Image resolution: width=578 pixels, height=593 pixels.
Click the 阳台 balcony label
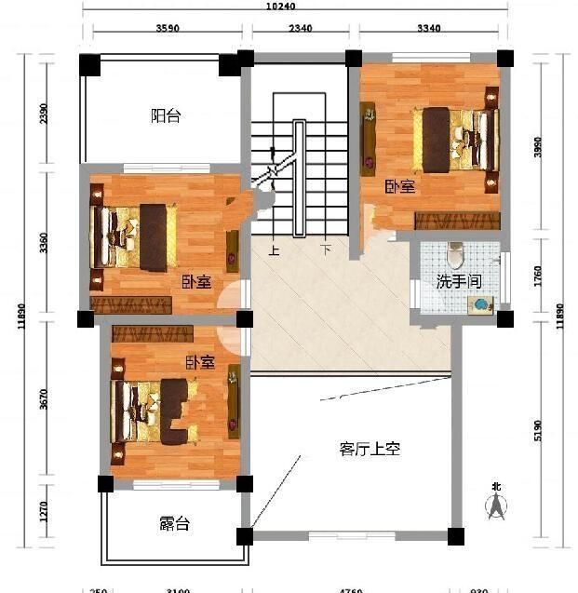tap(166, 116)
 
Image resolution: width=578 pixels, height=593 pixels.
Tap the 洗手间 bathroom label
tap(459, 280)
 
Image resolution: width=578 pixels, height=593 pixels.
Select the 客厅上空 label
tap(370, 449)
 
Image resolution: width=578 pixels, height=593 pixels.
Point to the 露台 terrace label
tap(174, 524)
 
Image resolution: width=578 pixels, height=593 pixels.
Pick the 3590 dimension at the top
tap(168, 29)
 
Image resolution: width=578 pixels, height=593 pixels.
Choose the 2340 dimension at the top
tap(300, 29)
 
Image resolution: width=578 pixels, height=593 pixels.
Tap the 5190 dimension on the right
tap(536, 429)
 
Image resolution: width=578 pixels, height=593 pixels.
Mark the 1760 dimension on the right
tap(536, 276)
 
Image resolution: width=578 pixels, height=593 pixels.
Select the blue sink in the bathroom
tap(481, 304)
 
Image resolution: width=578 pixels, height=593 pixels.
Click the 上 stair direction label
tap(273, 250)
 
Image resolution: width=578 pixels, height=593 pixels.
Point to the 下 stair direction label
tap(326, 250)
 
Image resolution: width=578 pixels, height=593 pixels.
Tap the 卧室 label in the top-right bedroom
tap(400, 186)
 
